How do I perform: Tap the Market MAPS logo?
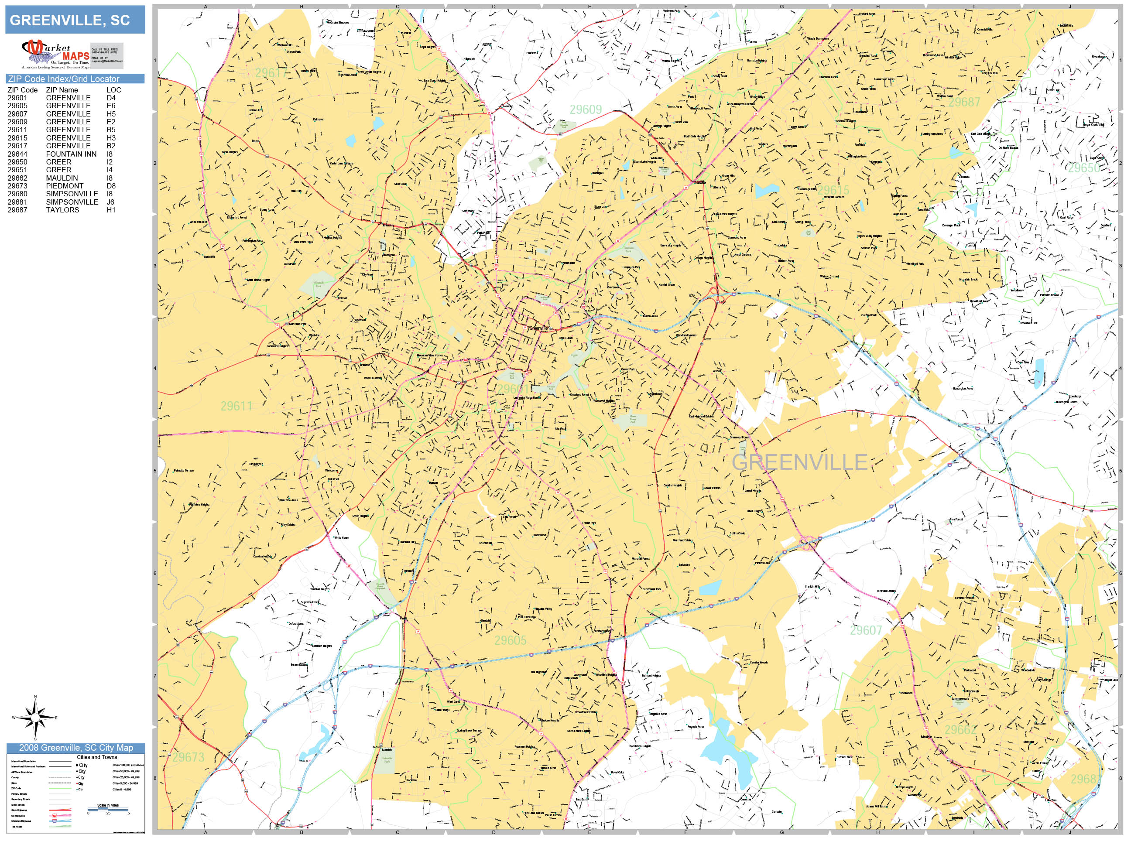[x=55, y=54]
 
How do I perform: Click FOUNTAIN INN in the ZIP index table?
[x=71, y=154]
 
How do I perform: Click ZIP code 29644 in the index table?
[x=17, y=154]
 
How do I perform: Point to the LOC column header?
[x=113, y=90]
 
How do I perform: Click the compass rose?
[x=35, y=718]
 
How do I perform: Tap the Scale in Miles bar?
[x=108, y=809]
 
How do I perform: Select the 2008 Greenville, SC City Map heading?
[x=75, y=748]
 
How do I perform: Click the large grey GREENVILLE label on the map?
[x=799, y=462]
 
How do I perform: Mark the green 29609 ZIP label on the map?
[x=586, y=109]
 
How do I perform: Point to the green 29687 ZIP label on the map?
[x=964, y=102]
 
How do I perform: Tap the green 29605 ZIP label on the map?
[x=510, y=640]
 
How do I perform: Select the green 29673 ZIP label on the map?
[x=188, y=757]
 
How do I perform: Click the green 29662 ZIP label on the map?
[x=960, y=729]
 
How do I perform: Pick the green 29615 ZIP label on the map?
[x=833, y=190]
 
